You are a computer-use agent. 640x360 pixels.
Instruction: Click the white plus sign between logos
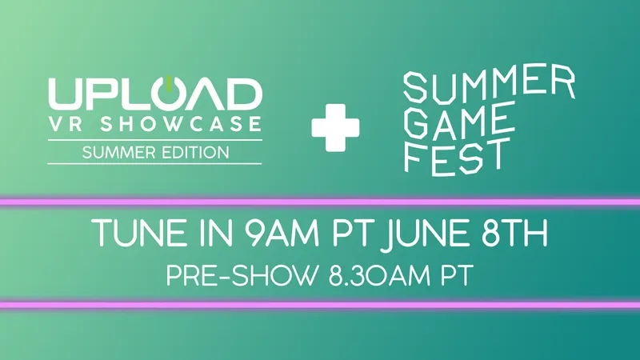[x=335, y=126]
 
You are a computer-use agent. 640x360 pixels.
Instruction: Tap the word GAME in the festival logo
[x=457, y=122]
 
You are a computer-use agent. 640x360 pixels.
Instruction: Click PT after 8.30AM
[x=452, y=275]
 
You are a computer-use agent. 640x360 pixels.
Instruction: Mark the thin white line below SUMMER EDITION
[x=154, y=163]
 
